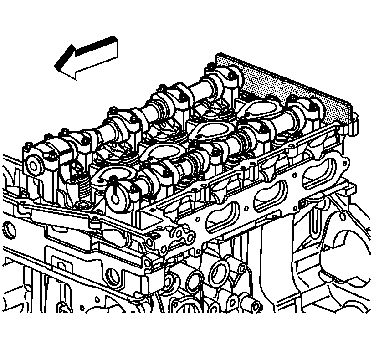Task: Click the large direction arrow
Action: pyautogui.click(x=87, y=57)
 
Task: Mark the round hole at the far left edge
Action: pyautogui.click(x=8, y=228)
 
